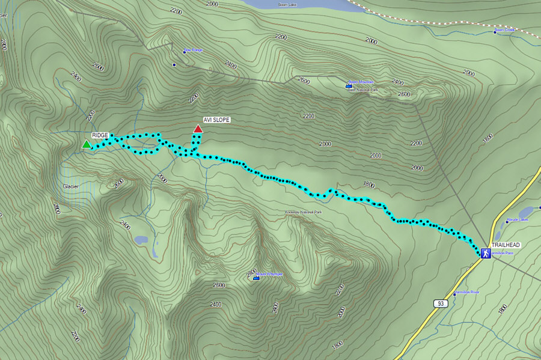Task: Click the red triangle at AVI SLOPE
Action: (x=198, y=129)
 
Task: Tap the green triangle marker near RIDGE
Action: (x=87, y=144)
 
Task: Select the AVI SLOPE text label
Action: (x=216, y=120)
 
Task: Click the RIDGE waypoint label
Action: (x=100, y=136)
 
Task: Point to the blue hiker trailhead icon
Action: (x=485, y=254)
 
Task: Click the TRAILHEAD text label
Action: (x=506, y=246)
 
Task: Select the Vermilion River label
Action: (x=467, y=292)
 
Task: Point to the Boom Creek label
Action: (x=505, y=29)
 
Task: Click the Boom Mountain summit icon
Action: (x=349, y=86)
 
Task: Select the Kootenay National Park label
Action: (x=304, y=213)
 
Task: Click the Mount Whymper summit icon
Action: (x=256, y=277)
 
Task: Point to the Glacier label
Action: (x=71, y=186)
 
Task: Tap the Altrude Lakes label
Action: (x=517, y=220)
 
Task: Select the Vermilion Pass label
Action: (x=503, y=253)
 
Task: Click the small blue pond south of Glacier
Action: (x=141, y=240)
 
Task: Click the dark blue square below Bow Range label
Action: (x=174, y=64)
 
